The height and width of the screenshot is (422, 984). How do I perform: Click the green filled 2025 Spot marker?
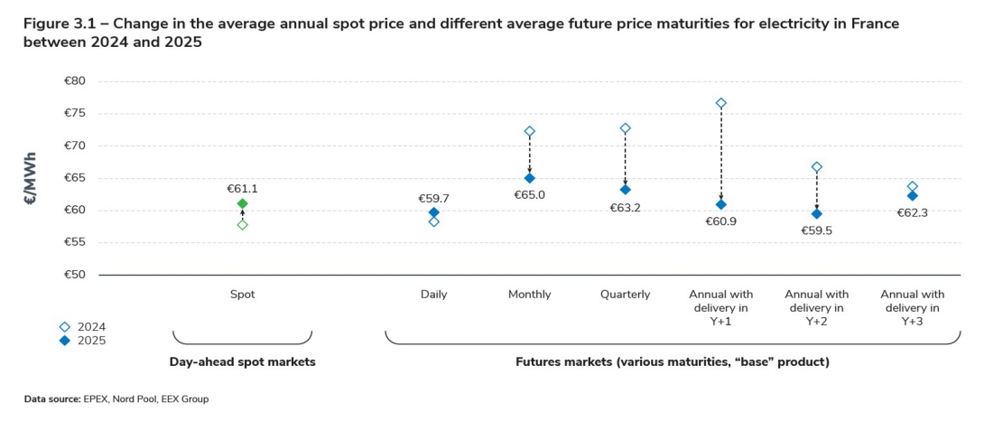coord(242,203)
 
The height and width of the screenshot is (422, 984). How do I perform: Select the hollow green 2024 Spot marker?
coord(242,224)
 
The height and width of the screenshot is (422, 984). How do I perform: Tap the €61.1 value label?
coord(242,189)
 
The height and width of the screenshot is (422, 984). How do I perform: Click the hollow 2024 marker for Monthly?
coord(530,131)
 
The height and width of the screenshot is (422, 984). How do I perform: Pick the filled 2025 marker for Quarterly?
coord(625,190)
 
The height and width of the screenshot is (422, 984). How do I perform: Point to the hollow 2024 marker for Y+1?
coord(720,103)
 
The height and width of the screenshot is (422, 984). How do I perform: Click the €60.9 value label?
coord(720,220)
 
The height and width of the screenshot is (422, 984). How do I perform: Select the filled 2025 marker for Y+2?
coord(817,214)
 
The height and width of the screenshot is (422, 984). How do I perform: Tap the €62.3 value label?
coord(913,213)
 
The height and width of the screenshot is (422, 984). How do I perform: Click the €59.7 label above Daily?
coord(433,198)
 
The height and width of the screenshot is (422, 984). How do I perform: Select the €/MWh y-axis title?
coord(31,178)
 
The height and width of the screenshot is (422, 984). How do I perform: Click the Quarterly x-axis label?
coord(625,294)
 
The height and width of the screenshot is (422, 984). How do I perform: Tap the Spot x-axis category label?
coord(242,294)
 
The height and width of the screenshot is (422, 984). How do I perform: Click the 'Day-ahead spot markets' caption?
coord(242,361)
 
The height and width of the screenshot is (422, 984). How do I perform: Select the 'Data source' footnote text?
coord(116,399)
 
